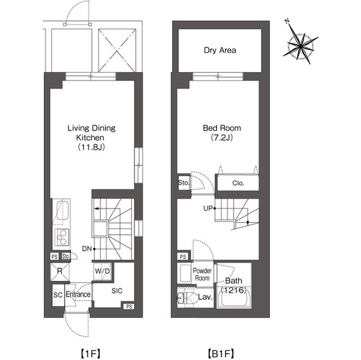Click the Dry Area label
(x=220, y=50)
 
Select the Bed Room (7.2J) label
(x=222, y=132)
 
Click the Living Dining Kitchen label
(x=91, y=137)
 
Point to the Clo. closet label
(x=238, y=183)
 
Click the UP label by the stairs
(x=208, y=208)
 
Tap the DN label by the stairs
(x=87, y=249)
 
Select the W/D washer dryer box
(x=103, y=271)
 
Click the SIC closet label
(x=117, y=291)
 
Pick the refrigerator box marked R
(x=60, y=272)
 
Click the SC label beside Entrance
(x=58, y=295)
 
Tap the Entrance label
(x=78, y=294)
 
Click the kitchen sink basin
(x=63, y=210)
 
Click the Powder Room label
(x=202, y=274)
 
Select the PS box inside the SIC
(x=129, y=306)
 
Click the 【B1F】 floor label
(x=221, y=353)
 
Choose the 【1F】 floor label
(x=90, y=353)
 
